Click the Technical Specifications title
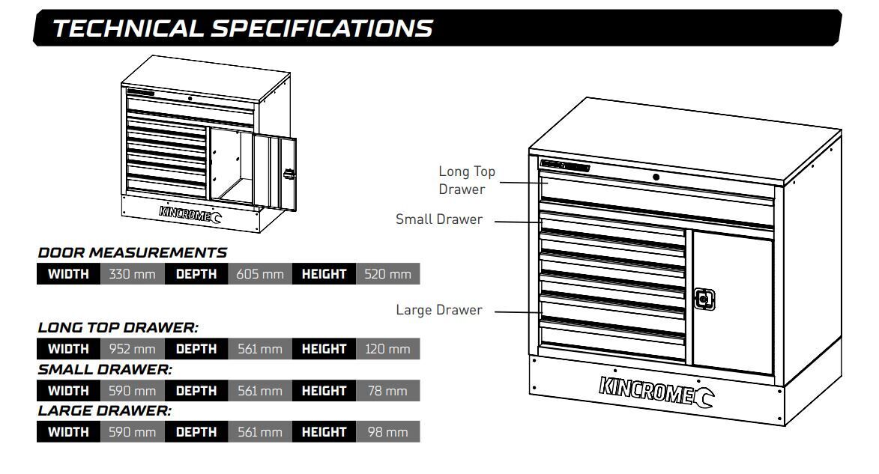pyautogui.click(x=242, y=28)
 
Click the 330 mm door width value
pyautogui.click(x=132, y=274)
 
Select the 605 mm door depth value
pyautogui.click(x=259, y=274)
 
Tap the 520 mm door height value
pyautogui.click(x=387, y=274)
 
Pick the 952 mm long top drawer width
pyautogui.click(x=132, y=348)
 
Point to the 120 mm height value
pyautogui.click(x=387, y=348)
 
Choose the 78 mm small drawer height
pyautogui.click(x=387, y=391)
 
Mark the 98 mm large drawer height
pyautogui.click(x=387, y=432)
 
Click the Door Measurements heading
pyautogui.click(x=133, y=252)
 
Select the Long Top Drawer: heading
pyautogui.click(x=118, y=327)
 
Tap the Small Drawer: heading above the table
pyautogui.click(x=105, y=369)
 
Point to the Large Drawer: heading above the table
pyautogui.click(x=104, y=410)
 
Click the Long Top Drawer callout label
pyautogui.click(x=466, y=180)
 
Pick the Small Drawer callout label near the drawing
pyautogui.click(x=439, y=219)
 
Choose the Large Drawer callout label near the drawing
pyautogui.click(x=439, y=310)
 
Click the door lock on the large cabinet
pyautogui.click(x=704, y=300)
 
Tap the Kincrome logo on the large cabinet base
pyautogui.click(x=656, y=391)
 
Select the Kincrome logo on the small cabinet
pyautogui.click(x=190, y=213)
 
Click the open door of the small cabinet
pyautogui.click(x=275, y=172)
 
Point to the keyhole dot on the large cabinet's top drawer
pyautogui.click(x=656, y=177)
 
